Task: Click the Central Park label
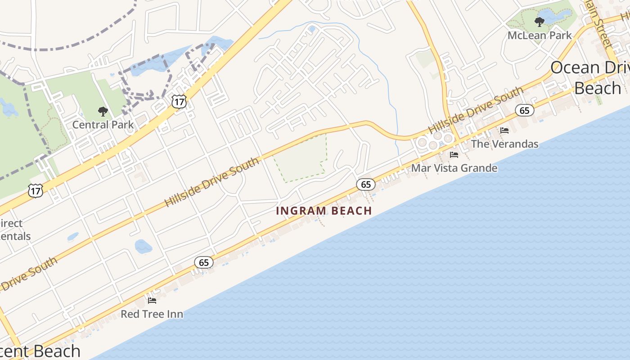pyautogui.click(x=103, y=125)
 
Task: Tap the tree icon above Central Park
pyautogui.click(x=103, y=111)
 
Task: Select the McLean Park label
pyautogui.click(x=540, y=35)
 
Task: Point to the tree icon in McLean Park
pyautogui.click(x=539, y=22)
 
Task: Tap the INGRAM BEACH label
pyautogui.click(x=324, y=211)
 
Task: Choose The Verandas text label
pyautogui.click(x=504, y=144)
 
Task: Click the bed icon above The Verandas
pyautogui.click(x=504, y=130)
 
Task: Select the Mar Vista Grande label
pyautogui.click(x=454, y=168)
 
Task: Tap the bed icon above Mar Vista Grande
pyautogui.click(x=454, y=155)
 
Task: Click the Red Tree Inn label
pyautogui.click(x=152, y=314)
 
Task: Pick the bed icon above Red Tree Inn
pyautogui.click(x=152, y=300)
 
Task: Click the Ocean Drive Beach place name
pyautogui.click(x=589, y=78)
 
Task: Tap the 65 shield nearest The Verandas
pyautogui.click(x=525, y=110)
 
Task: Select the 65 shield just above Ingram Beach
pyautogui.click(x=366, y=184)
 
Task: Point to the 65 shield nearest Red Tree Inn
pyautogui.click(x=204, y=262)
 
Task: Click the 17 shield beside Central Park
pyautogui.click(x=179, y=102)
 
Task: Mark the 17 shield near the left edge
pyautogui.click(x=36, y=191)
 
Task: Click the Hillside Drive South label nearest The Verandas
pyautogui.click(x=476, y=109)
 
